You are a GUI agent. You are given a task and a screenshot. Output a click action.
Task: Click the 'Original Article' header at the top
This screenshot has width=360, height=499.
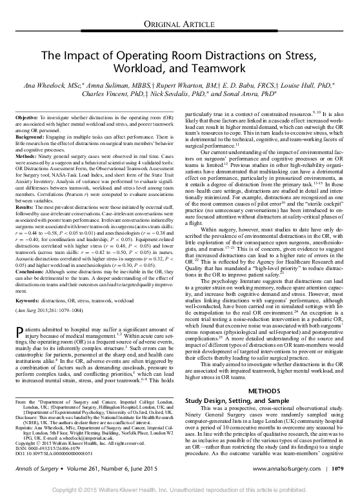(x=179, y=24)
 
